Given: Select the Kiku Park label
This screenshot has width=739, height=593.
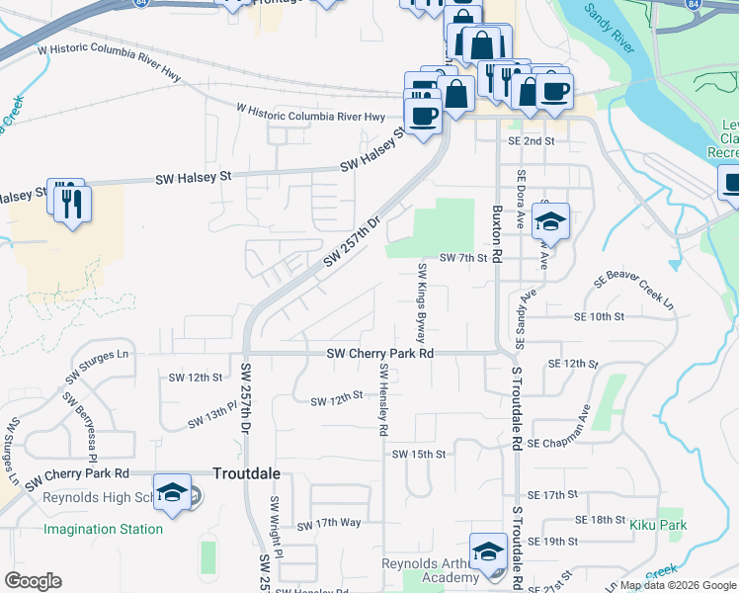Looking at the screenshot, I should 658,525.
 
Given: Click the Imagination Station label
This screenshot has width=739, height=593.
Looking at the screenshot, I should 103,529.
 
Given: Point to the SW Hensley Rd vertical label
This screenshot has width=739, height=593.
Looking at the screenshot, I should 382,399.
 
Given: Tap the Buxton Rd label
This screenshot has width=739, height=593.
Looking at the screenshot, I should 497,234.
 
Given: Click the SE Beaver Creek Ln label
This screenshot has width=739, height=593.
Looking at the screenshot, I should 633,293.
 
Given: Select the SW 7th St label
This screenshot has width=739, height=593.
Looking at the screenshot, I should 464,258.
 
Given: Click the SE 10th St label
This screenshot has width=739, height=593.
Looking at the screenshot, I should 600,316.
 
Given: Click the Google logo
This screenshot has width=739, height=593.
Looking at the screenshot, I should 33,581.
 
